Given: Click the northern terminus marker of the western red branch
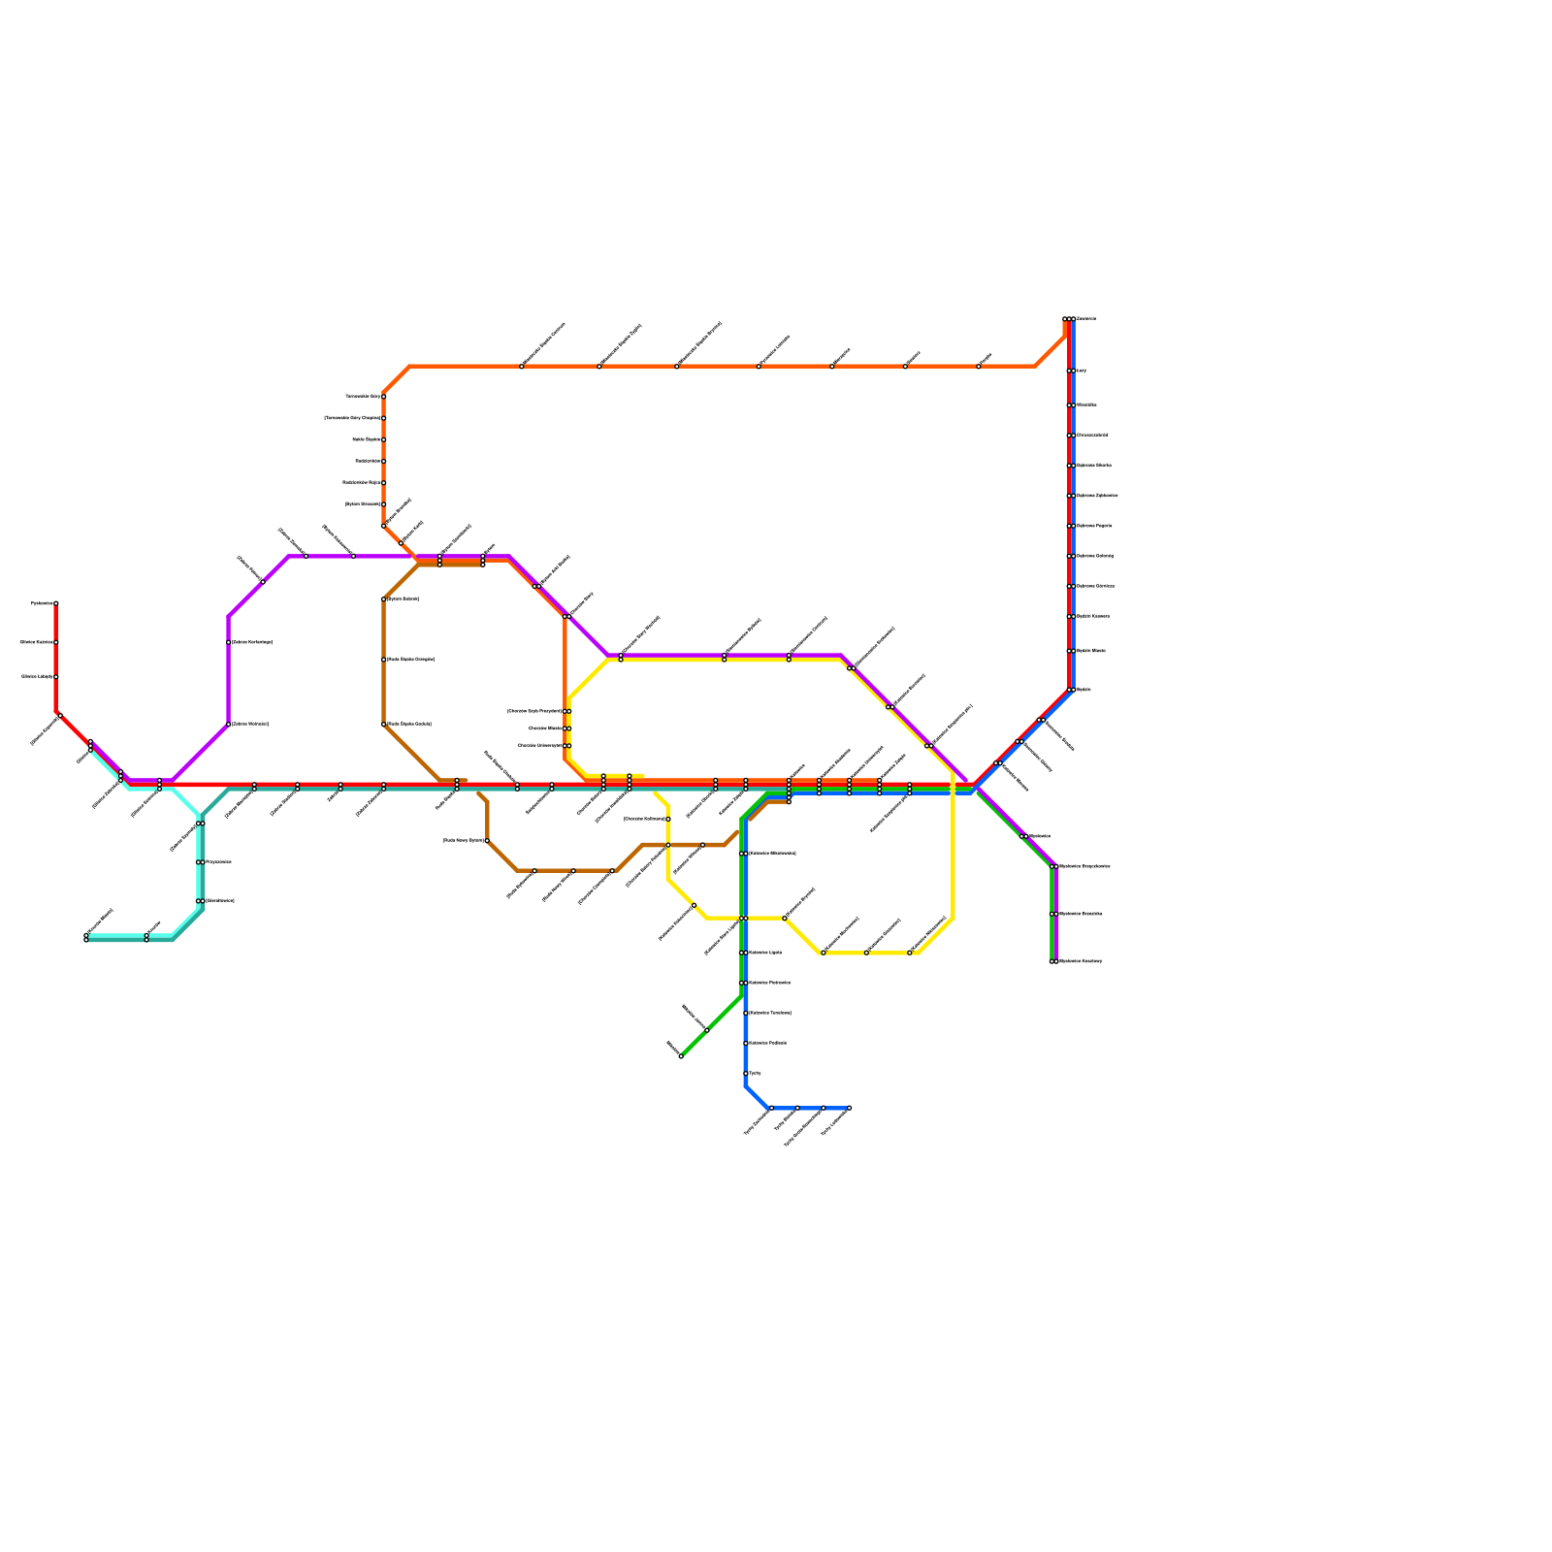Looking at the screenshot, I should (x=56, y=603).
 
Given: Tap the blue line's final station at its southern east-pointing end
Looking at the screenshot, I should (x=850, y=1108).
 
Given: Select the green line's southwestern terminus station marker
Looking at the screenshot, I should (x=681, y=1056).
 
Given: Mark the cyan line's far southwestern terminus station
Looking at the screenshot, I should (x=86, y=937).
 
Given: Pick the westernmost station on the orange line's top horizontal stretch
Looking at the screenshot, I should (x=522, y=367).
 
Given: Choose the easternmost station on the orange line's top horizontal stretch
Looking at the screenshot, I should (x=979, y=367).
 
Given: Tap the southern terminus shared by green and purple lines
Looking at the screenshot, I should (x=1053, y=961).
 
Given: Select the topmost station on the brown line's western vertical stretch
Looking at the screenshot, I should (x=384, y=599).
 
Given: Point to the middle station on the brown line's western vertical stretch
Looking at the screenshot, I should (x=384, y=660).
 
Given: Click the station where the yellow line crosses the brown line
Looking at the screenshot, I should (x=668, y=845).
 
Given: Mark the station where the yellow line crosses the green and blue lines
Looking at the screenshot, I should (x=743, y=918).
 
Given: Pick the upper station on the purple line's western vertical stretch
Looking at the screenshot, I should (x=229, y=642).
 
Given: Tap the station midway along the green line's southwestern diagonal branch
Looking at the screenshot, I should (x=707, y=1030).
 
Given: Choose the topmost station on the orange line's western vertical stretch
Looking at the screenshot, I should (x=384, y=397).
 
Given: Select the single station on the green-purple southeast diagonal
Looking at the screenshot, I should (x=1024, y=836).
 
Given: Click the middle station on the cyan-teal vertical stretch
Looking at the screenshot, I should (x=200, y=862).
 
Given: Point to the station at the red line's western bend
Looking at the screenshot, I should (x=60, y=716).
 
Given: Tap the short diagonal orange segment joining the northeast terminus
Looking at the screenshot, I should (x=1051, y=351).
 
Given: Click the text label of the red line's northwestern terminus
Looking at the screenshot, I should (x=42, y=603).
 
